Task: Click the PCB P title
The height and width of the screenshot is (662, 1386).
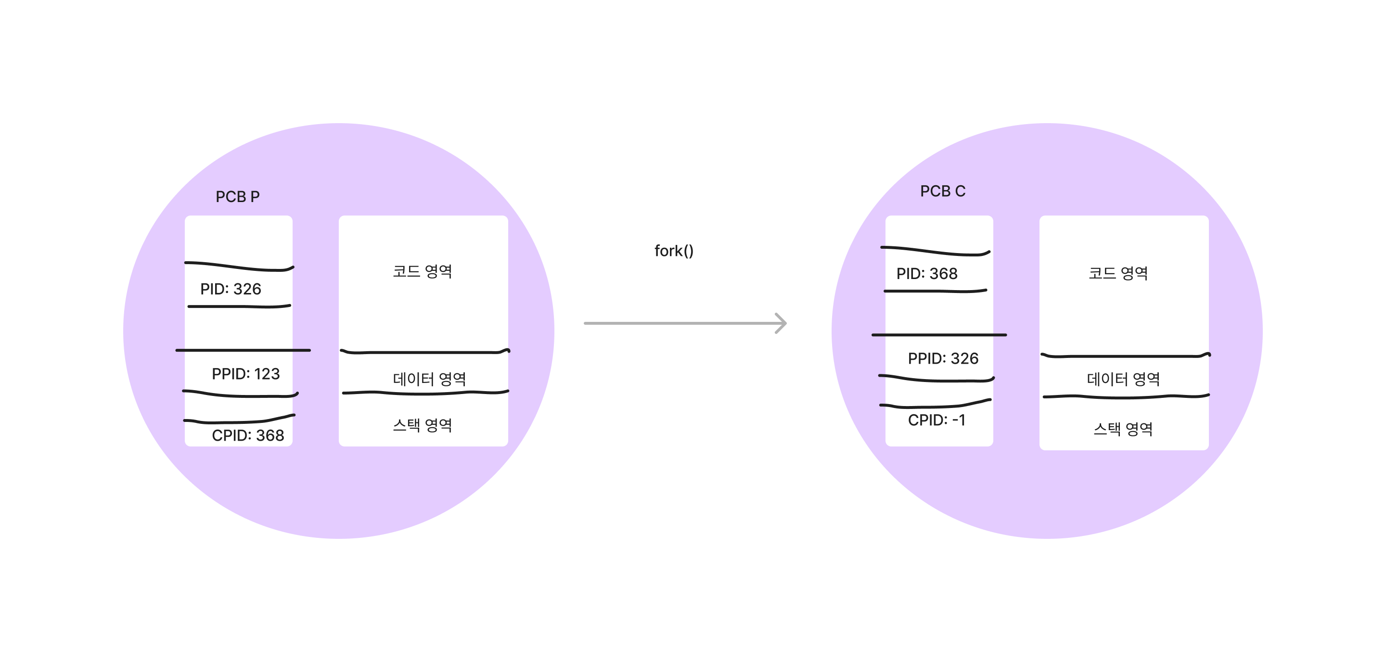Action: pos(237,197)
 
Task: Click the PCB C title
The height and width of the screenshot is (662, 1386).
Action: pos(942,191)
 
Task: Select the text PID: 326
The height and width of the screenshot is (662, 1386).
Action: pos(231,289)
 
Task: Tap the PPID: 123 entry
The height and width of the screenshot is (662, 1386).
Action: pos(245,374)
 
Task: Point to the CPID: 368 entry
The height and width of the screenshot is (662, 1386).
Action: pos(247,435)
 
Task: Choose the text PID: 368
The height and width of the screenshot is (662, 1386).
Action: pos(926,274)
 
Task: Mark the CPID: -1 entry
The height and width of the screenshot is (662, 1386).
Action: pos(936,420)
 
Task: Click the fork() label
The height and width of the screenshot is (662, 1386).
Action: pos(674,251)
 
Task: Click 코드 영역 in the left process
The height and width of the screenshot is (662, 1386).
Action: pos(423,271)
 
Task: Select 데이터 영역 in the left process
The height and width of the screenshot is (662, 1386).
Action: pos(429,379)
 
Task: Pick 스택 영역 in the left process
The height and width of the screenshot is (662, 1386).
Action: pos(423,425)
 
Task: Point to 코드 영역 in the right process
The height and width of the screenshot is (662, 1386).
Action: pos(1118,273)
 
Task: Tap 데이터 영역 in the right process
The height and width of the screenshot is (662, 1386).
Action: pos(1123,379)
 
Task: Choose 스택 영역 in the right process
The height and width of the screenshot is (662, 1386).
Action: pos(1123,429)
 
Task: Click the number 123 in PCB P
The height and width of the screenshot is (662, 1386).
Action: pos(267,374)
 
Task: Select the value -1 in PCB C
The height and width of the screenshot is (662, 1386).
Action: pos(959,420)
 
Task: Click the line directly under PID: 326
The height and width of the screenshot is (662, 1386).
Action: pos(239,306)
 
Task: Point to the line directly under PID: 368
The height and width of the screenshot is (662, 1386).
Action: pos(935,291)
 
